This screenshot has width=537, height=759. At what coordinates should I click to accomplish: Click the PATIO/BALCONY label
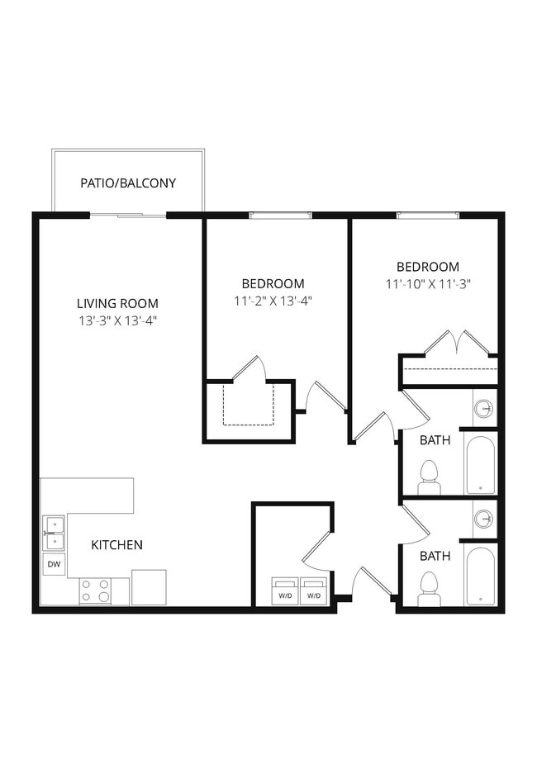tap(128, 183)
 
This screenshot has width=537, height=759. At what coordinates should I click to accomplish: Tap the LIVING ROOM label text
tap(117, 303)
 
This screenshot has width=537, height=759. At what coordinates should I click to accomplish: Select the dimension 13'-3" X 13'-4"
tap(117, 320)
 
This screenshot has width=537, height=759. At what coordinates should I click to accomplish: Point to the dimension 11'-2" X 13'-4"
tap(273, 301)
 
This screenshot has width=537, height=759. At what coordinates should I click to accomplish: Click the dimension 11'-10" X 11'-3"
tap(428, 284)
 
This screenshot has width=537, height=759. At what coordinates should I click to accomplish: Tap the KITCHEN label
tap(116, 545)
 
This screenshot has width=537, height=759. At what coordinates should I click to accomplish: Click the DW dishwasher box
tap(54, 565)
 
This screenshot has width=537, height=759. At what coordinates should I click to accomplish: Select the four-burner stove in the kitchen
tap(96, 591)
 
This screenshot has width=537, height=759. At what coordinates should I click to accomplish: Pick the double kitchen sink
tap(54, 533)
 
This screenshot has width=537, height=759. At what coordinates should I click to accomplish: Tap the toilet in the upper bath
tap(428, 477)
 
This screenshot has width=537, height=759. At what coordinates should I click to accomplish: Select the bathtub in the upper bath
tap(480, 464)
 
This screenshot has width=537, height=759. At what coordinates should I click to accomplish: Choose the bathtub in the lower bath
tap(480, 576)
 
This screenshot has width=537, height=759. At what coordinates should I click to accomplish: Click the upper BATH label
tap(435, 440)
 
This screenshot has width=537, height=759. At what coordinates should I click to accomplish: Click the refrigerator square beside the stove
tap(149, 587)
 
